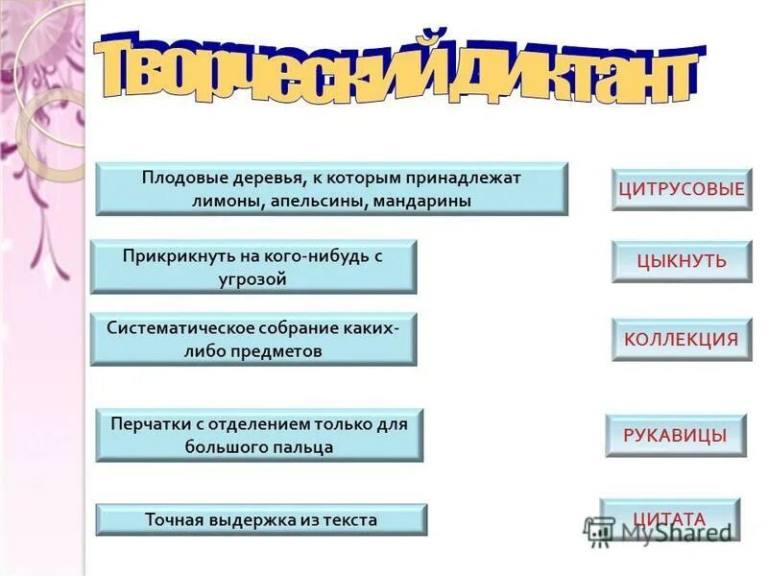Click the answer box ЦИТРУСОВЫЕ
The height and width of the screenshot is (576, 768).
point(682,189)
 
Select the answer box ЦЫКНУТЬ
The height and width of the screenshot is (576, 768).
point(682,261)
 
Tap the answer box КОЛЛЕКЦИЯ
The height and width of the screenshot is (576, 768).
point(682,339)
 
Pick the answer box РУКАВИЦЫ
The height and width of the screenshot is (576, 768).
point(675,436)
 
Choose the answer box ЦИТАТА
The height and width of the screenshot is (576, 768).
point(670,519)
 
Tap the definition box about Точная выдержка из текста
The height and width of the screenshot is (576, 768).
point(261,520)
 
